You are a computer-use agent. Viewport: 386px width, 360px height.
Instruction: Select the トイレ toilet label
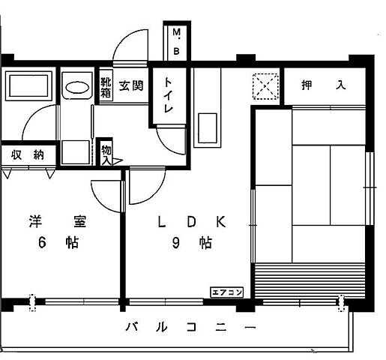(168, 95)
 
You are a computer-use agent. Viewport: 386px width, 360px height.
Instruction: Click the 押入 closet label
(324, 85)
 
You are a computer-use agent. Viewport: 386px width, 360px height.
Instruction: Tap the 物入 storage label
(106, 154)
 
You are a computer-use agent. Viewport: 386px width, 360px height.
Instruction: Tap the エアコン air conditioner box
(226, 292)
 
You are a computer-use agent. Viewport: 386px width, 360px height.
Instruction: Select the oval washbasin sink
(75, 86)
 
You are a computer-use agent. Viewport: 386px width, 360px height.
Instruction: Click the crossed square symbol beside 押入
(265, 86)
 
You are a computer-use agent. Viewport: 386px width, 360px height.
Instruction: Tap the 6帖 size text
(58, 244)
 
